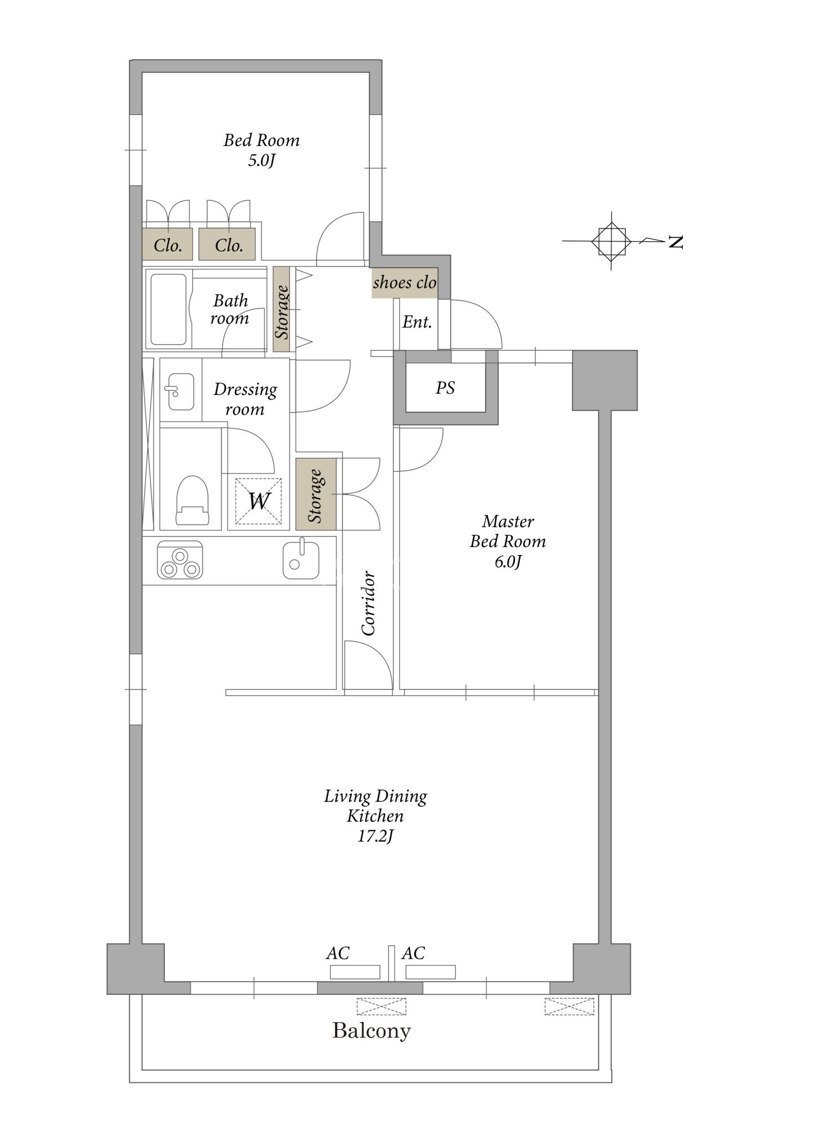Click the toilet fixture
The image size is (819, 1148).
point(192,500)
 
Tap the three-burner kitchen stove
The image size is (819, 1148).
point(180,560)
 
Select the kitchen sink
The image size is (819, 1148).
point(301,560)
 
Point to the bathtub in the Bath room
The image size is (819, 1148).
point(168,309)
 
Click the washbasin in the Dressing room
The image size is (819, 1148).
point(180,391)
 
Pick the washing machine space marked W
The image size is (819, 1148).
point(258,501)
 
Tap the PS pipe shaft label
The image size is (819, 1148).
point(445,387)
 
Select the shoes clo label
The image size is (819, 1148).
point(404,282)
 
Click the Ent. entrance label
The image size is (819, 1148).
point(417,322)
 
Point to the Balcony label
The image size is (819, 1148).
point(371,1031)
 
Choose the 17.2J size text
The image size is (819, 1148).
point(375,836)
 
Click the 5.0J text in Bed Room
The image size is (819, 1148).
point(261,161)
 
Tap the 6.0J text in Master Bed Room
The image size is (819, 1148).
point(508,561)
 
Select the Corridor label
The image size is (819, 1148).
point(368,603)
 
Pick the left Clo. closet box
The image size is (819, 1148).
point(167,244)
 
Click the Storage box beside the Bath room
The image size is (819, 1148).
point(281,309)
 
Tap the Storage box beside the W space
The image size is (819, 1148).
point(315,494)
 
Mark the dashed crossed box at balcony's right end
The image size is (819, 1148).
point(569,1006)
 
